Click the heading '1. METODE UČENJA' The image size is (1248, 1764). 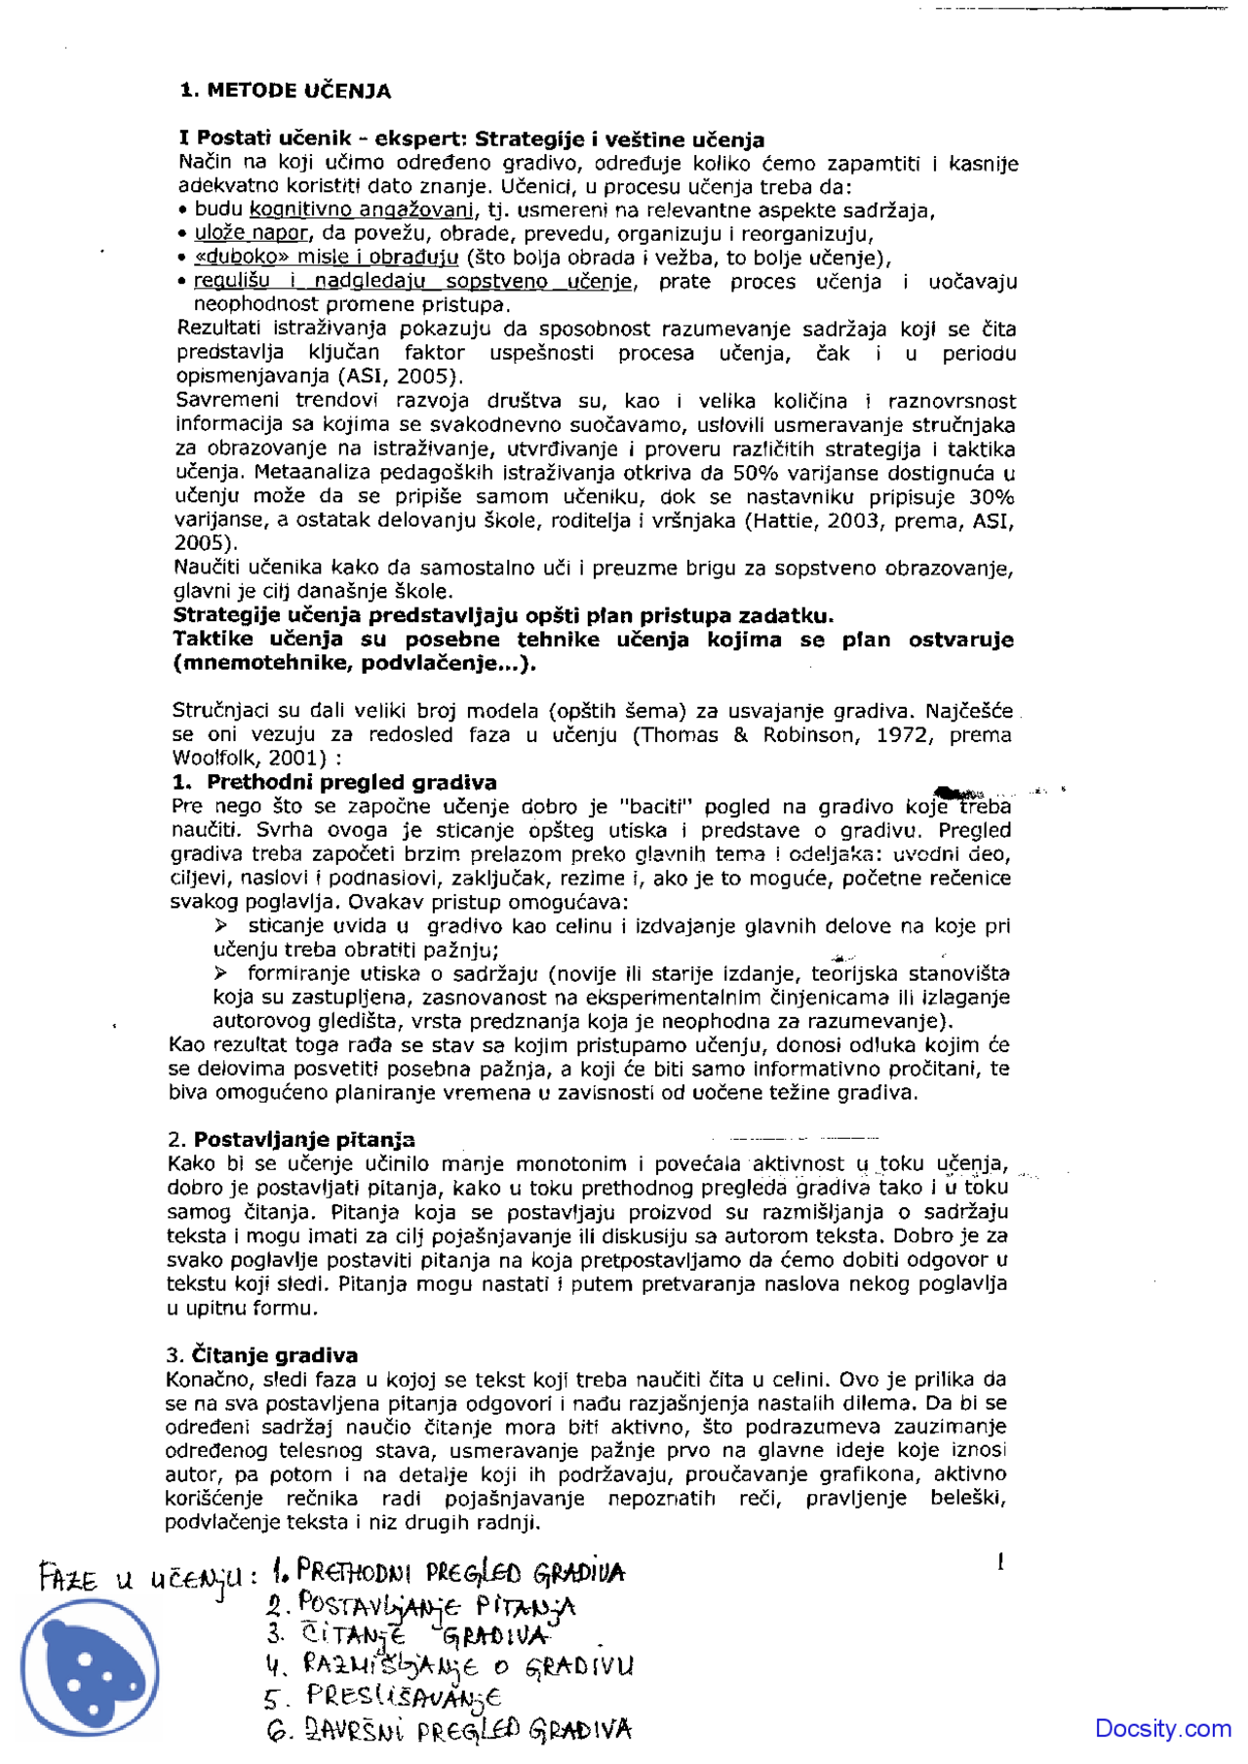click(x=286, y=91)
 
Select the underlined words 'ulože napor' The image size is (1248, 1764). click(x=252, y=234)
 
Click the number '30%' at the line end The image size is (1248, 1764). click(x=992, y=496)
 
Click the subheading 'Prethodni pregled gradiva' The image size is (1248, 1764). click(x=351, y=782)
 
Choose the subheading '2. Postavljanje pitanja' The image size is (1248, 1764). click(x=291, y=1139)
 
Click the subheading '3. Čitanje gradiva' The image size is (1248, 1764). click(x=261, y=1354)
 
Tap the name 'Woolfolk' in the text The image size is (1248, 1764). click(x=209, y=759)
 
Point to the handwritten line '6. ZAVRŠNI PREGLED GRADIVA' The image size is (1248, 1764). click(x=448, y=1731)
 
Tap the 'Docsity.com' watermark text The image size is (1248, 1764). click(x=1162, y=1728)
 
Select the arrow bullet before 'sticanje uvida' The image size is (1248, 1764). click(x=221, y=925)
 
